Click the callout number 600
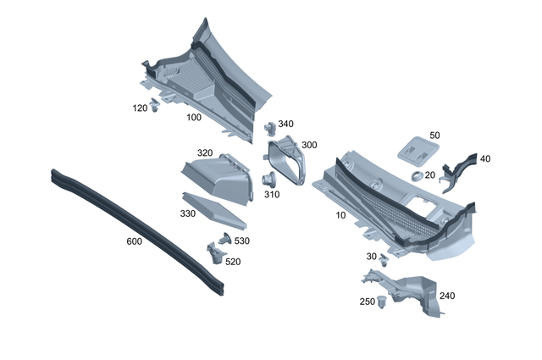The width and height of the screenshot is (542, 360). (134, 241)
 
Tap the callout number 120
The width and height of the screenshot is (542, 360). (140, 108)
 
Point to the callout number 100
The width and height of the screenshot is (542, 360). (193, 117)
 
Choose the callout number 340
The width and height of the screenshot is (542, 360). (286, 124)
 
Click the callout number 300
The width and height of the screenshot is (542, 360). (309, 145)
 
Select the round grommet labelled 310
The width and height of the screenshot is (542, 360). (269, 180)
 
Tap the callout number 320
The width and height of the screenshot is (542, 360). (205, 152)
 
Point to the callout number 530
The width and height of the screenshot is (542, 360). (242, 241)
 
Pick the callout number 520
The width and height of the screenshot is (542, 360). (233, 262)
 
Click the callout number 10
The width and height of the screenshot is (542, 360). (340, 215)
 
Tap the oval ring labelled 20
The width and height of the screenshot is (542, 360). (418, 175)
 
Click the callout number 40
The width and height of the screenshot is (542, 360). (485, 158)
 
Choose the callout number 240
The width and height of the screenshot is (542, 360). (446, 296)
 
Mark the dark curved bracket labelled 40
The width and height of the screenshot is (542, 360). (458, 169)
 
